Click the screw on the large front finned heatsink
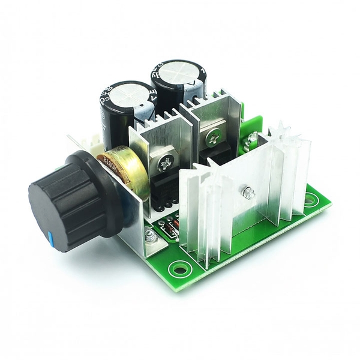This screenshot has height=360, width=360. (247, 193)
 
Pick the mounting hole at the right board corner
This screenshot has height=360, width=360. (309, 202)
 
